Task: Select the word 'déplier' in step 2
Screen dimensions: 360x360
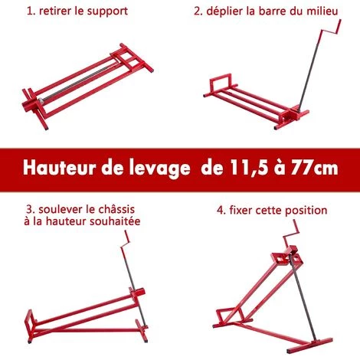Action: click(224, 11)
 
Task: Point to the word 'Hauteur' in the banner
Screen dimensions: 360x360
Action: click(60, 168)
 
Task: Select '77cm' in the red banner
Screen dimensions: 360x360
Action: click(315, 169)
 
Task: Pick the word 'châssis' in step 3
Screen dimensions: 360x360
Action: click(116, 209)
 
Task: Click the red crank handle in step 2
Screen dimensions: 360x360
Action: click(330, 30)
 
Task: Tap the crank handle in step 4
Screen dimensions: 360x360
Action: click(291, 234)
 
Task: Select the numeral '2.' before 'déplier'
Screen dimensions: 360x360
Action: click(198, 11)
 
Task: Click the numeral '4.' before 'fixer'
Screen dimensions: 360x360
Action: click(221, 211)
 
